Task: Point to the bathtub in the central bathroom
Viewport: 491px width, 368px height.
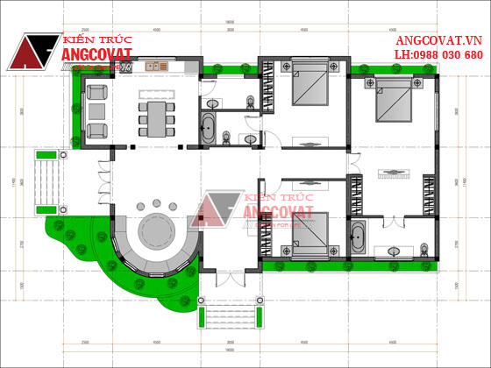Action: (x=209, y=129)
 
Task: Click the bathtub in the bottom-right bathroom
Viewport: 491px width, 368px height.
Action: (x=359, y=237)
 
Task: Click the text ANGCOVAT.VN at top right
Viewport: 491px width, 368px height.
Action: (x=438, y=40)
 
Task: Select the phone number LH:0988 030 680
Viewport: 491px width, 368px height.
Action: (x=438, y=54)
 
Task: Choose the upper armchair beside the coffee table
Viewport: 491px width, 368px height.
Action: (x=97, y=91)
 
